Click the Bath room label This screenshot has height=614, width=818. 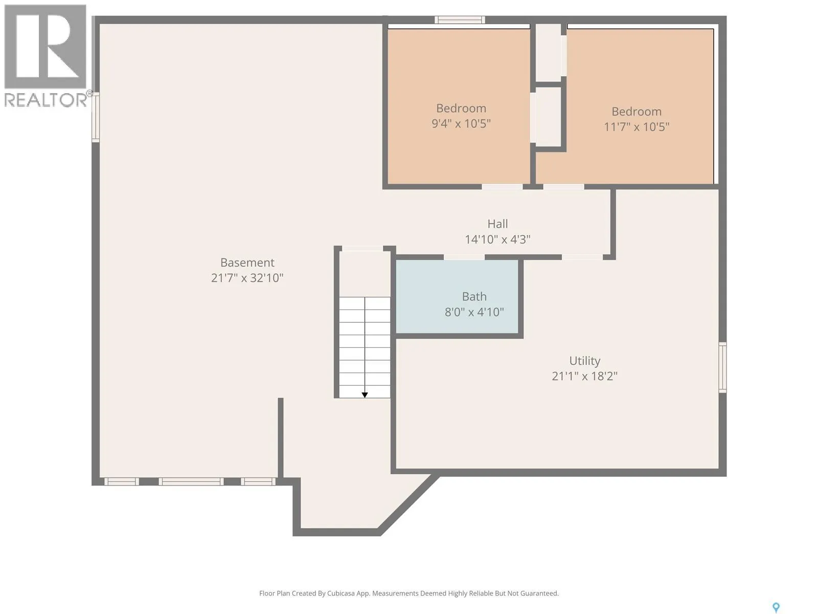coord(474,296)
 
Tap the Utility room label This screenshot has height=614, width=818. coord(584,361)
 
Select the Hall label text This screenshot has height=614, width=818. coord(497,224)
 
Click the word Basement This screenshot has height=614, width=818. coord(247,262)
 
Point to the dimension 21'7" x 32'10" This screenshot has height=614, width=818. coord(247,278)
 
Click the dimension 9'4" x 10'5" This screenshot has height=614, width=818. coord(461,123)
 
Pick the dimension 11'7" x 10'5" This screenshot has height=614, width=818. coord(637,127)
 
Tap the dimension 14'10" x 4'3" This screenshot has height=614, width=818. coord(497,239)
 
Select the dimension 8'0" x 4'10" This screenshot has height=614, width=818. coord(474,312)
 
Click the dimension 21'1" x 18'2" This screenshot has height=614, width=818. coord(584,376)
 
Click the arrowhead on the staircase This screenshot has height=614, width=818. coord(365,395)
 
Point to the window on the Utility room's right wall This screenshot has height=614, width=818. coord(722,367)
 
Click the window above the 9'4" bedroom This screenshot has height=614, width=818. coord(460,20)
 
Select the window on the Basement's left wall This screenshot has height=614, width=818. coord(96,117)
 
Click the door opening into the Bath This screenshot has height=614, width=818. coord(464,257)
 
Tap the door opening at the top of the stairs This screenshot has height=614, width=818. coord(362,248)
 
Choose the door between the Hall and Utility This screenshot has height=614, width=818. coord(582,257)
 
